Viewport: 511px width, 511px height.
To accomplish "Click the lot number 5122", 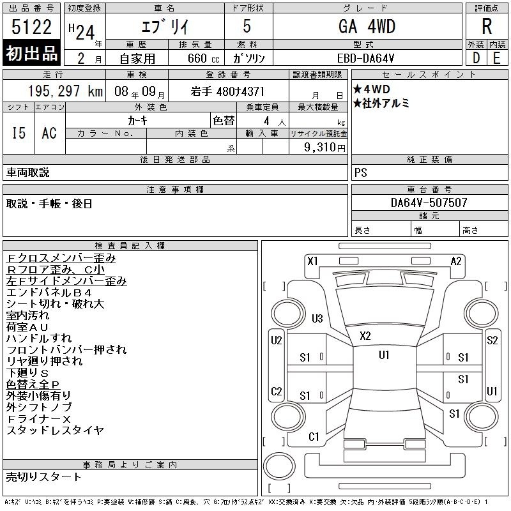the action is (31, 27).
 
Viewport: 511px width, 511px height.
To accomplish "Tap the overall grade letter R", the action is (487, 26).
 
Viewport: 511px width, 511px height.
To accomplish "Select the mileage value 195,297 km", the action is (66, 91).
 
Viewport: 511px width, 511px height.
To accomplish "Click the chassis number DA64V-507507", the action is (429, 202).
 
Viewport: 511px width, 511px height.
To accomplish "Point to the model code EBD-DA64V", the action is (365, 58).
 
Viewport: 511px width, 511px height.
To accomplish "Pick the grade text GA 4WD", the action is (367, 26).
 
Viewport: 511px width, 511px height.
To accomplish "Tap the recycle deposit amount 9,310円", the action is (324, 148).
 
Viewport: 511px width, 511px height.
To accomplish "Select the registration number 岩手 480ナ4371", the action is (227, 91).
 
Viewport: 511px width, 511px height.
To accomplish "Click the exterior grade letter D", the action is (476, 58).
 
